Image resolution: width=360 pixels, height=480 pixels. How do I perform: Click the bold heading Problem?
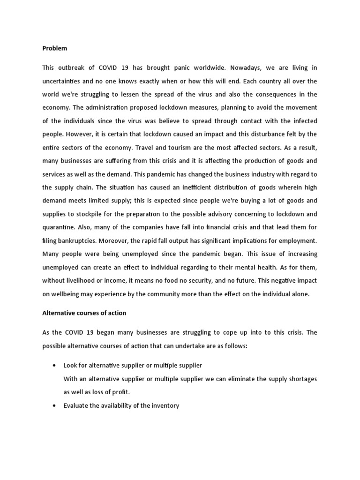pos(54,48)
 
